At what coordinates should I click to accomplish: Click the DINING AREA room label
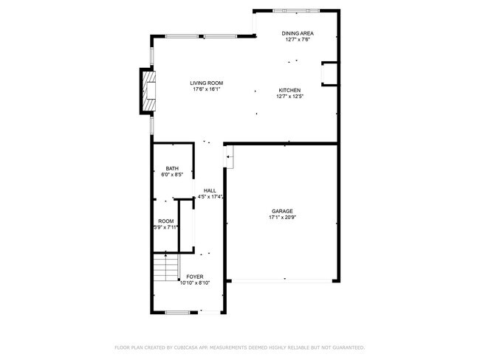[299, 34]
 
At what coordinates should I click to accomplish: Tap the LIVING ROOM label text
[206, 83]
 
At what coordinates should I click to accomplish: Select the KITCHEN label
[289, 90]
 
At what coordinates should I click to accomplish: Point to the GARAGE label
[281, 211]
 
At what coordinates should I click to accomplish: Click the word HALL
[210, 190]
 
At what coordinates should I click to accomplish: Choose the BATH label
[171, 168]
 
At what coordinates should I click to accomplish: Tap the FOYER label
[195, 277]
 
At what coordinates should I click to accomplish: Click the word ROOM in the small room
[165, 221]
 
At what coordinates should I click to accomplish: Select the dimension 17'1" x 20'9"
[281, 217]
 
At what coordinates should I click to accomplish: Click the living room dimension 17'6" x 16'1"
[206, 89]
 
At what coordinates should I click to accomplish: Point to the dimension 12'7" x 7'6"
[299, 40]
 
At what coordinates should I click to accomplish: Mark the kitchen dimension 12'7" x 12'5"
[289, 96]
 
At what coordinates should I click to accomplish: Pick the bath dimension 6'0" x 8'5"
[171, 174]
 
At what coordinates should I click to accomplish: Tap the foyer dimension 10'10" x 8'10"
[195, 283]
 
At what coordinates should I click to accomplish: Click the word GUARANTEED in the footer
[349, 347]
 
